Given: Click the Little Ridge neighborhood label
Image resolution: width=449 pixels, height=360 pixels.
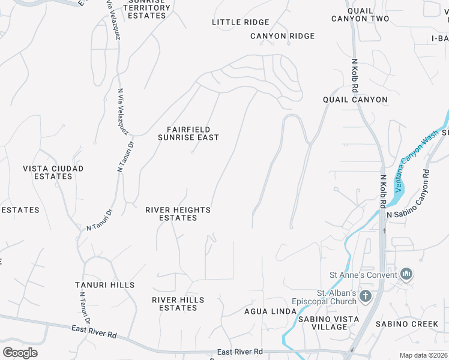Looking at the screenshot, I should tap(241, 22).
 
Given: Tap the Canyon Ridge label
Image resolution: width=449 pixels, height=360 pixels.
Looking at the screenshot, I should tap(282, 36).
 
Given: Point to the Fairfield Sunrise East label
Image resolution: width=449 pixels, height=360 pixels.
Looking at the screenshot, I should tap(188, 133).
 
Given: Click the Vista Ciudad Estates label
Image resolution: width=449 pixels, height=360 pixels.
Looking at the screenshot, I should tap(53, 173).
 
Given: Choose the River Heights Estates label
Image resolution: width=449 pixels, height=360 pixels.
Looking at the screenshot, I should tap(178, 214).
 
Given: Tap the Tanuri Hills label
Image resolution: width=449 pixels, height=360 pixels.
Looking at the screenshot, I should tap(104, 285).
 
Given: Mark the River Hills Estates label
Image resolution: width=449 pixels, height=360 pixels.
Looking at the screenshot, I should tap(178, 304).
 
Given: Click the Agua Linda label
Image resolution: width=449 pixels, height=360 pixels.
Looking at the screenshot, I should tap(270, 311).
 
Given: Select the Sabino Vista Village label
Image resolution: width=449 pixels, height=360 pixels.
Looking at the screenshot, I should tap(330, 323).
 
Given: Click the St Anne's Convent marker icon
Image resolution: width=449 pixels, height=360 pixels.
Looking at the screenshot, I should tap(406, 275).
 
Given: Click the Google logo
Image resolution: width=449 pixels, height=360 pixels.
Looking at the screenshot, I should tap(20, 352).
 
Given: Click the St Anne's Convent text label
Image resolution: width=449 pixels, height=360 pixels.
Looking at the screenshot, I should tap(363, 275).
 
